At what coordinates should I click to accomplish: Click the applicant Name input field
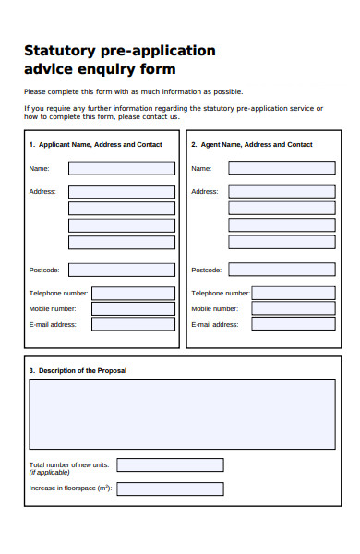coord(121,168)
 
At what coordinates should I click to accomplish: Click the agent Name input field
coord(282,168)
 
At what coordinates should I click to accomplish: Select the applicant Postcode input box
coord(121,270)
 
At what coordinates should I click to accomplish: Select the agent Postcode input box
coord(282,270)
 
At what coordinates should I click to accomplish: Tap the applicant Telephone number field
coord(133,293)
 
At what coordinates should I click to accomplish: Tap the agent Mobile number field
coord(293,308)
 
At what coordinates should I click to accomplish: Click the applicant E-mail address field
coord(133,324)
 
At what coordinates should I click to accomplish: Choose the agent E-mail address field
coord(293,324)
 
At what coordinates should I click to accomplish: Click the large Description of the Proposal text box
coord(182,414)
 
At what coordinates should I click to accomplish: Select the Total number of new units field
coord(170,464)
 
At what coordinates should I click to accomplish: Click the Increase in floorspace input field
coord(170,488)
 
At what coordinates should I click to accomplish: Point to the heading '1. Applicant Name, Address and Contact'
coord(95,145)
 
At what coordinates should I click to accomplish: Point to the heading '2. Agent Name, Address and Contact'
coord(251,145)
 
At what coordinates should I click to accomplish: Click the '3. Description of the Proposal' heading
coord(78,370)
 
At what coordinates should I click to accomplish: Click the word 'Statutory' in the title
coord(57,51)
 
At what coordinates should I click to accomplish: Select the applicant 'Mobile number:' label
coord(53,308)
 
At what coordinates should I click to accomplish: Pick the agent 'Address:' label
coord(204,191)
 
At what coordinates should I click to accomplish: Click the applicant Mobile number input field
coord(133,308)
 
